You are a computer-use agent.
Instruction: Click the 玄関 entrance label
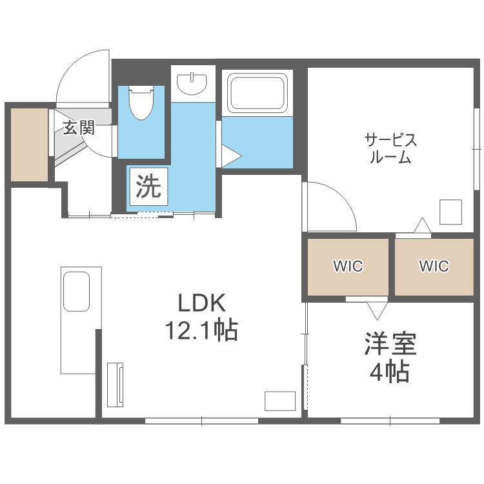coord(79,128)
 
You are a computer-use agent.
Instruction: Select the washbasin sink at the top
coord(193,83)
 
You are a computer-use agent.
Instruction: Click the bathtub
coord(257,94)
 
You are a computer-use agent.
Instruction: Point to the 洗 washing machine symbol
coord(148,187)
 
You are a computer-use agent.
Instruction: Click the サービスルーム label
coord(390,148)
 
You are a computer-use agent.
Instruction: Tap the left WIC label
coord(348,266)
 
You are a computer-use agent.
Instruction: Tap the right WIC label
coord(434,266)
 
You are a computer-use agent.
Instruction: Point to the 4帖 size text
coord(390,372)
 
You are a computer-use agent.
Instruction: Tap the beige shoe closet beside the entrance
coord(30,145)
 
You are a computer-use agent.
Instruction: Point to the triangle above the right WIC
coord(422,225)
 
